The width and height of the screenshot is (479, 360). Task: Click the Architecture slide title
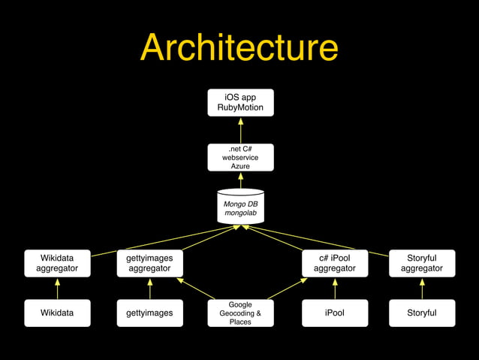tap(239, 47)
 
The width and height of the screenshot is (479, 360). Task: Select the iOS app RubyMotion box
tap(240, 102)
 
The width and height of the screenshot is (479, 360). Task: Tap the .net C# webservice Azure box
tap(240, 157)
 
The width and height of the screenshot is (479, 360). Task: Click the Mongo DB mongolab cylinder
tap(240, 207)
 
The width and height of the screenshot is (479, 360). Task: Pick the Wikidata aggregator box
tap(57, 263)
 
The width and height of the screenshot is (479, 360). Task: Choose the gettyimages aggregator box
tap(149, 263)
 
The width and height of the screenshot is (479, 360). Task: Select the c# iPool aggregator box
tap(334, 263)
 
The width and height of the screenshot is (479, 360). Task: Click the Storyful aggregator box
tap(421, 263)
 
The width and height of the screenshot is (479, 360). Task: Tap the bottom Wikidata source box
tap(57, 313)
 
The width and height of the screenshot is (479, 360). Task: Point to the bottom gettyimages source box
tap(149, 313)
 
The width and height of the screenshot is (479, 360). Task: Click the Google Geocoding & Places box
tap(240, 313)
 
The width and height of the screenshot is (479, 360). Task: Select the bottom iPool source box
tap(334, 313)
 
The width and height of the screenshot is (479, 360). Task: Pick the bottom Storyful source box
tap(421, 313)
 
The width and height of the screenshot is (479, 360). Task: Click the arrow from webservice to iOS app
tap(240, 130)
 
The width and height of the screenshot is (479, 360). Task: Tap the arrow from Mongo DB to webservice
tap(240, 180)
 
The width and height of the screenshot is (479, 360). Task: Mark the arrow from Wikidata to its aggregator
tap(57, 289)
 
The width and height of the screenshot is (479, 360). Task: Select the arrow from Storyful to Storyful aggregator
tap(421, 289)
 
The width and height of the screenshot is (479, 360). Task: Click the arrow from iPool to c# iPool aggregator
tap(334, 289)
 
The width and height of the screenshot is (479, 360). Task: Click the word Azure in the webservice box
tap(240, 166)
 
